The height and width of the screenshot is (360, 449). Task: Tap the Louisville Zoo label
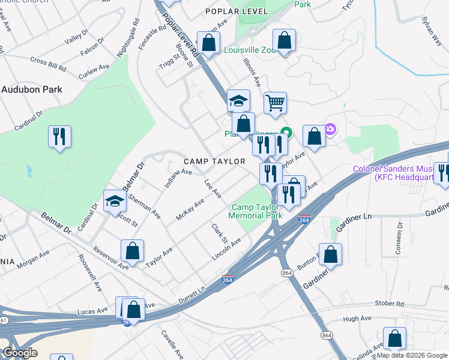[x=249, y=50]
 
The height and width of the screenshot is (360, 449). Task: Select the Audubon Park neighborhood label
[x=31, y=89]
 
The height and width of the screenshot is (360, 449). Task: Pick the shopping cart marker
[x=275, y=103]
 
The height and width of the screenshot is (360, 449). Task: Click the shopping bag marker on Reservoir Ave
[x=132, y=251]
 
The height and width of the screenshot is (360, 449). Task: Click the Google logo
[x=20, y=353]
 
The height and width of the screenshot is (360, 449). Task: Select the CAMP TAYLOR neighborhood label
[x=214, y=161]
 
